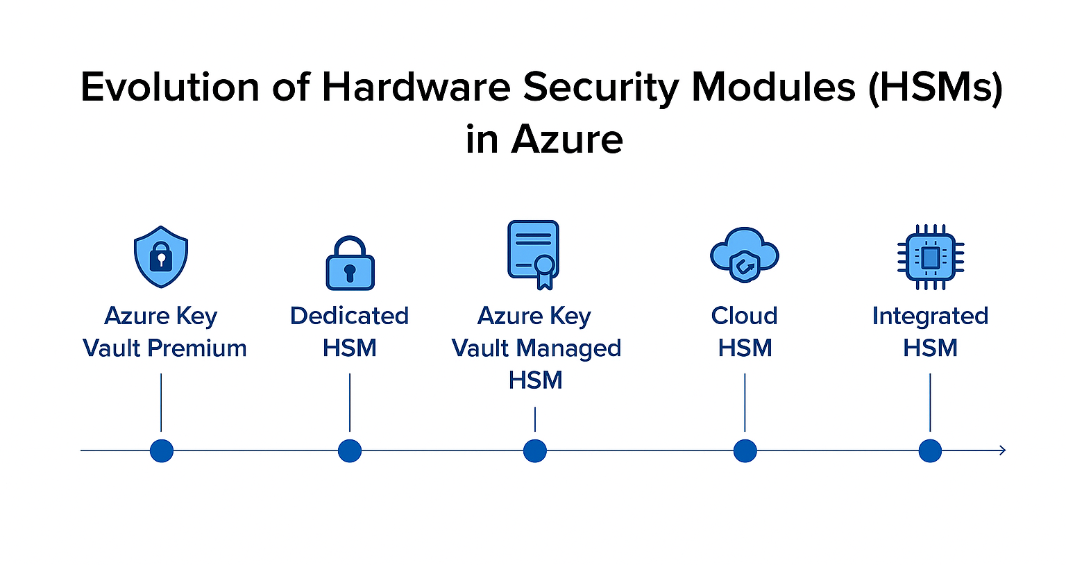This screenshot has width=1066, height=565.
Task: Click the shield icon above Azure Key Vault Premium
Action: (161, 256)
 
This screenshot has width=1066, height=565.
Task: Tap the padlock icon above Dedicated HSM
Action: (350, 264)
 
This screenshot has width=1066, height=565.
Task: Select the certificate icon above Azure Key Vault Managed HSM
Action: (534, 254)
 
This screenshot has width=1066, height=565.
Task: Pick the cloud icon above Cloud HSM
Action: (745, 254)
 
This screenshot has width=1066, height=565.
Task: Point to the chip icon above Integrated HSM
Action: (930, 257)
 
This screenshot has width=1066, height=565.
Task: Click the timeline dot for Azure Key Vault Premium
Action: (162, 450)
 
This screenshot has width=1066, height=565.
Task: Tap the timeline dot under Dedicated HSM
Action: (350, 450)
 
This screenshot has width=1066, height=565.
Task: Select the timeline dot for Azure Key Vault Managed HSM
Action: (535, 450)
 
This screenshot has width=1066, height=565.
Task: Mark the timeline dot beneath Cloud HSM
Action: (745, 450)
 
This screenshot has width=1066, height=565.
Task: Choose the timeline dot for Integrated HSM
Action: (930, 450)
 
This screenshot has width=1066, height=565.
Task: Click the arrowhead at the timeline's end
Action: (1001, 450)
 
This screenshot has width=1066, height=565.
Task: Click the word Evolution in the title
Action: (170, 87)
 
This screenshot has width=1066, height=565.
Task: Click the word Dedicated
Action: (350, 316)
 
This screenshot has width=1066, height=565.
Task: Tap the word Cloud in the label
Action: (745, 316)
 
